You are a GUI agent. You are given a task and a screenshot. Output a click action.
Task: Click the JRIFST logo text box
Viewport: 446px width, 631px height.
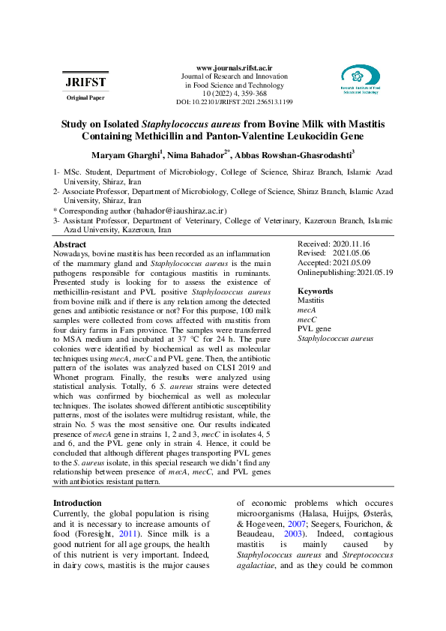[x=85, y=82]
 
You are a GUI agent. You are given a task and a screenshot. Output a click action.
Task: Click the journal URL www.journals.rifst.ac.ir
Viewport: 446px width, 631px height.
[x=234, y=67]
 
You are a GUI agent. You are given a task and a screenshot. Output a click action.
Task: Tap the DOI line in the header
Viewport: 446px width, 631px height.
[x=234, y=101]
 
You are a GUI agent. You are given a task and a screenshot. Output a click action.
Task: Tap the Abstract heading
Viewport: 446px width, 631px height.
[x=70, y=245]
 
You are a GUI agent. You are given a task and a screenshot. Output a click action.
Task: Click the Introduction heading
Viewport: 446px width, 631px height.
[x=77, y=503]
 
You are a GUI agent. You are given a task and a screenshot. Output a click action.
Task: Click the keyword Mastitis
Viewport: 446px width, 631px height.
[x=311, y=300]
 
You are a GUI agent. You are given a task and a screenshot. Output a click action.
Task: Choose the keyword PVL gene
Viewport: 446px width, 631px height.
[x=314, y=329]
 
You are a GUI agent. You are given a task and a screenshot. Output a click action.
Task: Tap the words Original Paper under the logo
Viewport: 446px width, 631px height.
[x=85, y=98]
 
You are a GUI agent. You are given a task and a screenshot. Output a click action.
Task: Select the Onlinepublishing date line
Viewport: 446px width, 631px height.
[x=345, y=273]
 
